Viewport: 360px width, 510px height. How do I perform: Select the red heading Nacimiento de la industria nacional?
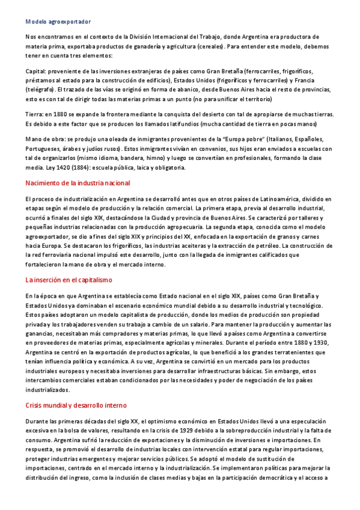pyautogui.click(x=78, y=183)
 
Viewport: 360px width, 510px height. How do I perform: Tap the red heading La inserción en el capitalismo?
pyautogui.click(x=69, y=280)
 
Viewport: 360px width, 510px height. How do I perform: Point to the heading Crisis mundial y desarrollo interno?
pyautogui.click(x=76, y=405)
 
